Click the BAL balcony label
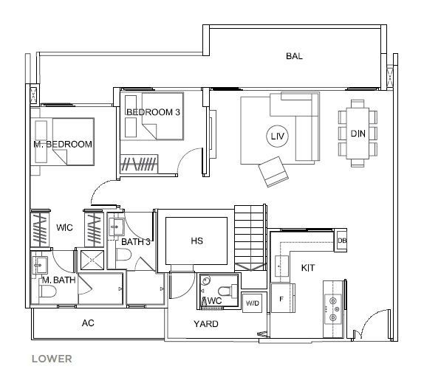tap(294, 56)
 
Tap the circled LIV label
tap(278, 136)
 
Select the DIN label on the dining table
tap(358, 134)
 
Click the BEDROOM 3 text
tap(153, 112)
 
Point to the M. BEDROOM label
tap(63, 144)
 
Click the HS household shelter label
tap(196, 241)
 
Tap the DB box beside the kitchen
tap(341, 240)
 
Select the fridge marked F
tap(282, 298)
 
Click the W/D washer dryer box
tap(252, 303)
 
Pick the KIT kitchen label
tap(308, 268)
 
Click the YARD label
tap(206, 324)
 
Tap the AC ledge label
tap(88, 323)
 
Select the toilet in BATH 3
tap(123, 254)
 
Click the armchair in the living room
tap(273, 172)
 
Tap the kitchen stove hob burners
tap(333, 308)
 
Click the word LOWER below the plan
tap(52, 359)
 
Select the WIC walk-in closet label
tap(64, 227)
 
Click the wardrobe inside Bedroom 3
tap(139, 164)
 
